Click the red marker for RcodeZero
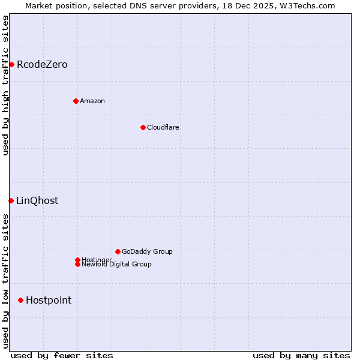click(11, 64)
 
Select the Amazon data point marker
click(76, 101)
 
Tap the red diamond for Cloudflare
click(143, 127)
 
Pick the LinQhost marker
click(11, 200)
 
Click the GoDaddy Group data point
click(118, 251)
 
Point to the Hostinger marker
click(77, 260)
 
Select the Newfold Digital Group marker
click(77, 265)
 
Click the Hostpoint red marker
click(20, 300)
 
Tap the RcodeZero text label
click(42, 65)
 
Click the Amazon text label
click(92, 101)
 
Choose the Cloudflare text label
click(163, 127)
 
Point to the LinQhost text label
click(37, 201)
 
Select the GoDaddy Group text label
click(147, 251)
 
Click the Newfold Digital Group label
click(117, 265)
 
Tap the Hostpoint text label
click(49, 301)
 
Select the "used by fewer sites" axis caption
click(62, 355)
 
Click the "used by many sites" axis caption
click(301, 355)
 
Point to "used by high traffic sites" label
click(5, 86)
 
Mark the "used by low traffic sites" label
click(5, 281)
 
